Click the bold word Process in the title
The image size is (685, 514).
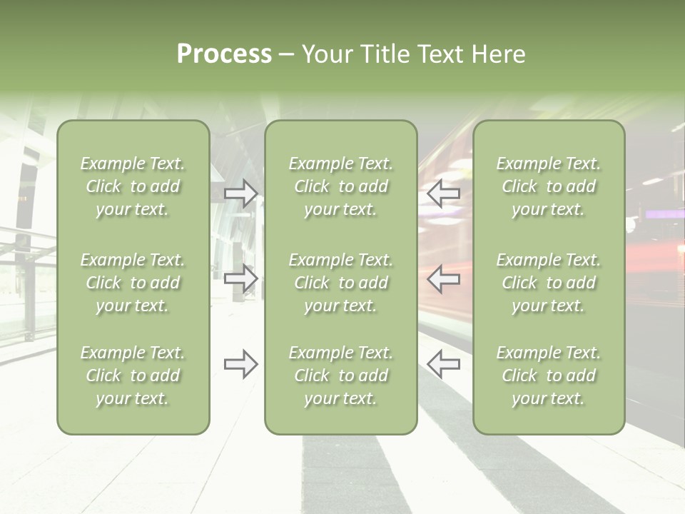(224, 54)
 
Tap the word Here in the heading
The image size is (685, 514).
(499, 54)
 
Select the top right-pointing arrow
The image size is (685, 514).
(241, 193)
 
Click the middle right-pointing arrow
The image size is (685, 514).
(241, 278)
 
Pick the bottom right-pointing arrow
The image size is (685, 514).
(241, 364)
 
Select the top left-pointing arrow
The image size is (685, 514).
(443, 193)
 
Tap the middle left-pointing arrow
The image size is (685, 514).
(443, 278)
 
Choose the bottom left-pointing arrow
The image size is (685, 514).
(443, 364)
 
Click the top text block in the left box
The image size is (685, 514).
(133, 186)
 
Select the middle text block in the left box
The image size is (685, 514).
(133, 283)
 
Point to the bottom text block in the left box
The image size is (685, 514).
(133, 376)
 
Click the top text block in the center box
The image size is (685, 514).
(340, 186)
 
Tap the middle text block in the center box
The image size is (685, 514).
(340, 283)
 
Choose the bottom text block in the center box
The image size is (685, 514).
(340, 376)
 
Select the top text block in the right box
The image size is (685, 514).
(549, 186)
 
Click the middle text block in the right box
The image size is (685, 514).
(549, 283)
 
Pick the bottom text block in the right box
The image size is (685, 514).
(549, 376)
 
